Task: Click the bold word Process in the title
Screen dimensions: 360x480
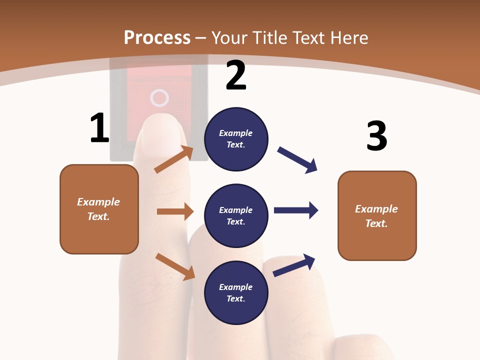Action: pos(157,38)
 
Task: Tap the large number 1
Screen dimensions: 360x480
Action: pos(99,128)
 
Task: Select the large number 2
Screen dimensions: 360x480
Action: pos(236,75)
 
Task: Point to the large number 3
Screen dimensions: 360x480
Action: pos(376,136)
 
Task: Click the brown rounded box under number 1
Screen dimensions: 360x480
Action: pos(99,209)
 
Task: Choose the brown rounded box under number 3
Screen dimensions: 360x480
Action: pos(377,215)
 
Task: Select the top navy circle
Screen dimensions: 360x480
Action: pos(236,139)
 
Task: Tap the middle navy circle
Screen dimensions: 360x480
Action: pos(236,215)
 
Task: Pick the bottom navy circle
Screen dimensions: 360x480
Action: pos(236,292)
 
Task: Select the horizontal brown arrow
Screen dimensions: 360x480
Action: pos(175,211)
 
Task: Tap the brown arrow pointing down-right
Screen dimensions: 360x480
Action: pos(175,266)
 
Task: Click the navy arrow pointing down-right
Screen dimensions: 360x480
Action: pos(297,160)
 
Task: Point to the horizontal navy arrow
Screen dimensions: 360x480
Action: pos(296,210)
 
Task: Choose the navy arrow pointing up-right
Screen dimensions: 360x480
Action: pos(294,265)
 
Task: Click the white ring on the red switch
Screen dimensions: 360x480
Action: pos(159,98)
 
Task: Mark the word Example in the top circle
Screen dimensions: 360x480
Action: pos(236,133)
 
